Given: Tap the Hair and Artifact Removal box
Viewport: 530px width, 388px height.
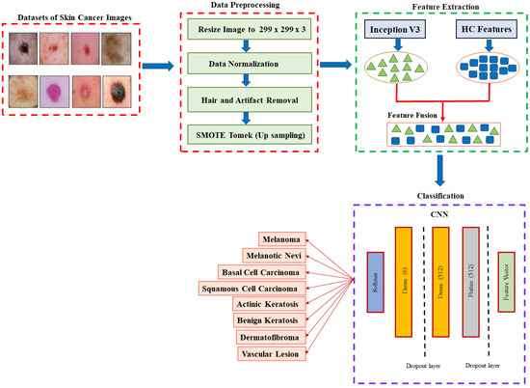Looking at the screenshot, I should point(252,98).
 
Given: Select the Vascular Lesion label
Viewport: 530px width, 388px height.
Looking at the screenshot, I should point(274,353).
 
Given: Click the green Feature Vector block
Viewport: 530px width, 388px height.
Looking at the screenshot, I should point(506,286).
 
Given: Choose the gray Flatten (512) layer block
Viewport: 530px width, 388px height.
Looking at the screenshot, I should point(470,286).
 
